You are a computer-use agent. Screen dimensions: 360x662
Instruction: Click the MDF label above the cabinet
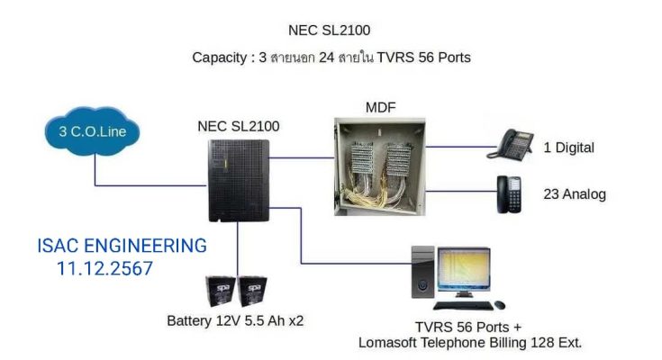[x=380, y=108]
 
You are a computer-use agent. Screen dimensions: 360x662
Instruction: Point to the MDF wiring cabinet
[x=379, y=167]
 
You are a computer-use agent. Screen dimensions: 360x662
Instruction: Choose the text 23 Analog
[x=575, y=194]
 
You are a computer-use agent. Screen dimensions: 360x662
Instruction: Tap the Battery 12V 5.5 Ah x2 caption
[x=235, y=320]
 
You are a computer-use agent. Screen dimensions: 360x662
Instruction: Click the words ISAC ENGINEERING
[x=122, y=246]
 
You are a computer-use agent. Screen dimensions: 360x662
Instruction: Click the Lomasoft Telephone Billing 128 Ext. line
[x=470, y=343]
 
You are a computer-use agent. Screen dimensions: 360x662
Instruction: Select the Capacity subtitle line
[x=331, y=57]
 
